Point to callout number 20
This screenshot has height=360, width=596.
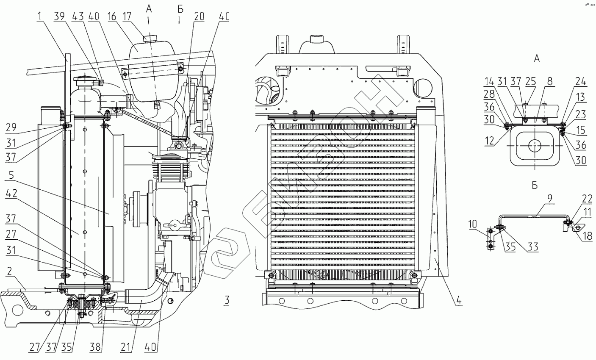tap(199, 17)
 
